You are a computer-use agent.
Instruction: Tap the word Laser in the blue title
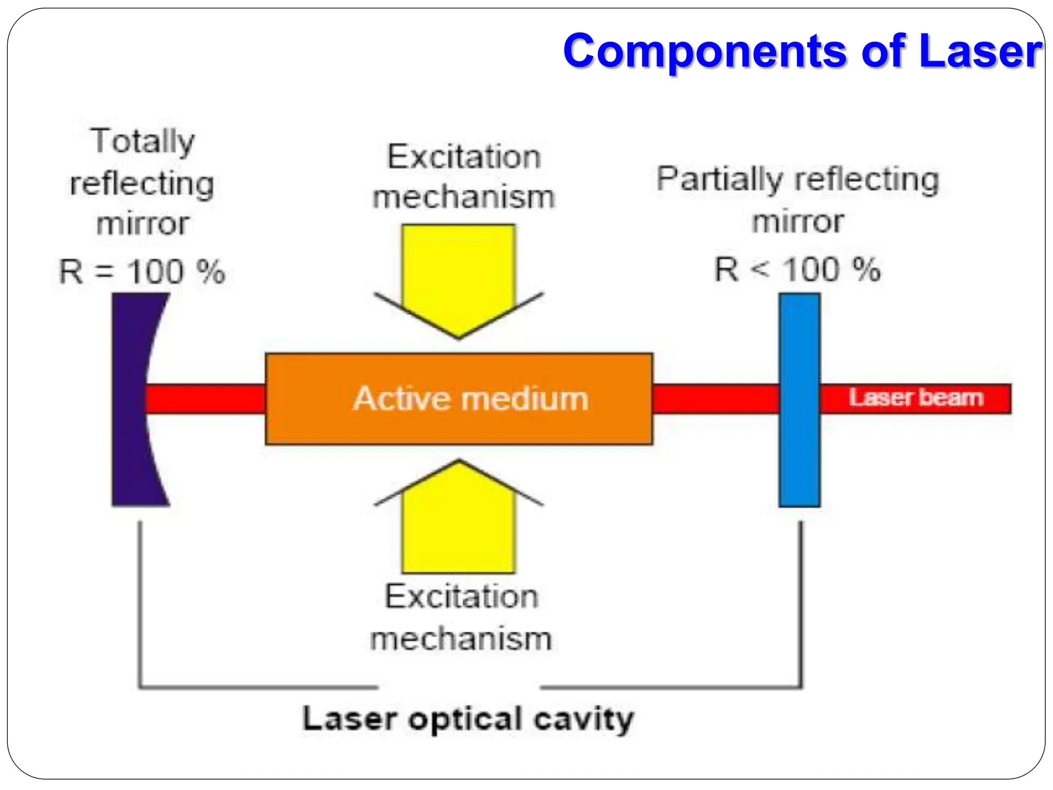click(x=980, y=51)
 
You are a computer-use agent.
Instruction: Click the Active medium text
click(x=470, y=399)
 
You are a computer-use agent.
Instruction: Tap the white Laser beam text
click(x=916, y=398)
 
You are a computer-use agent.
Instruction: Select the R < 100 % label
click(x=797, y=270)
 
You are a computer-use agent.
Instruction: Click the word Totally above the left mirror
click(x=143, y=141)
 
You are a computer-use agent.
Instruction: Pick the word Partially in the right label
click(x=719, y=180)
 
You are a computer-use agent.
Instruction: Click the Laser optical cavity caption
click(x=468, y=719)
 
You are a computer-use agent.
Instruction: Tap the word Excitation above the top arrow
click(x=464, y=157)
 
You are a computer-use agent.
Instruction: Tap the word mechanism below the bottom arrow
click(x=461, y=639)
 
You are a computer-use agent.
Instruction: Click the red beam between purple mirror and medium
click(x=206, y=399)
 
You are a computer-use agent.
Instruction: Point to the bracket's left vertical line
click(x=140, y=602)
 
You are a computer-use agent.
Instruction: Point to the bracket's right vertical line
click(x=801, y=602)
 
